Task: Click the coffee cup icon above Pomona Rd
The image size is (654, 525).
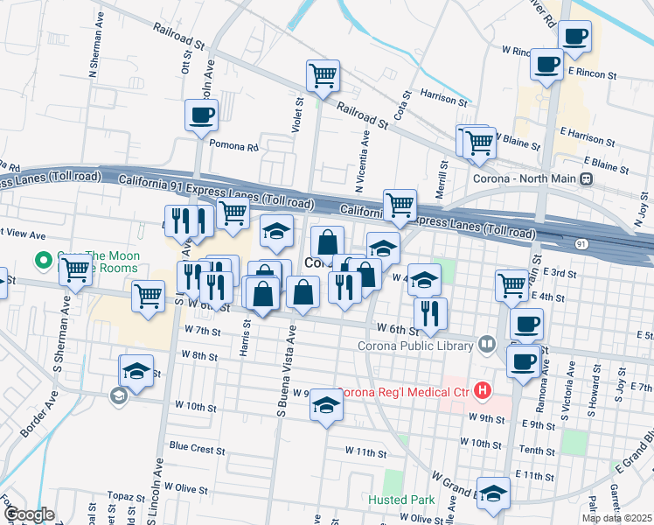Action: point(201,115)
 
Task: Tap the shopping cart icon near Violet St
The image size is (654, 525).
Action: point(323,76)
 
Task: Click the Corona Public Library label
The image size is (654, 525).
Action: point(415,344)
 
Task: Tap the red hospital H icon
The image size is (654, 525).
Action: point(483,391)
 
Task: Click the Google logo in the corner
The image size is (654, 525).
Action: point(30,514)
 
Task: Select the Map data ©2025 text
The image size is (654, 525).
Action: point(616,518)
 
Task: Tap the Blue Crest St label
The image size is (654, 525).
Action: point(197,445)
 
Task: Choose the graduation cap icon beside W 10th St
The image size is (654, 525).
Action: point(326,404)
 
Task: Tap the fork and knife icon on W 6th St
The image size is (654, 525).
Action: point(429,314)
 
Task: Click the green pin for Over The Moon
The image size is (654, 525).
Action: point(41,260)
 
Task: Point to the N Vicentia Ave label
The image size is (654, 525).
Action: point(360,157)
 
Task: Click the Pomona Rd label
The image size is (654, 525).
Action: point(240,148)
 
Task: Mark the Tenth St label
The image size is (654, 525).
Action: point(537,450)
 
